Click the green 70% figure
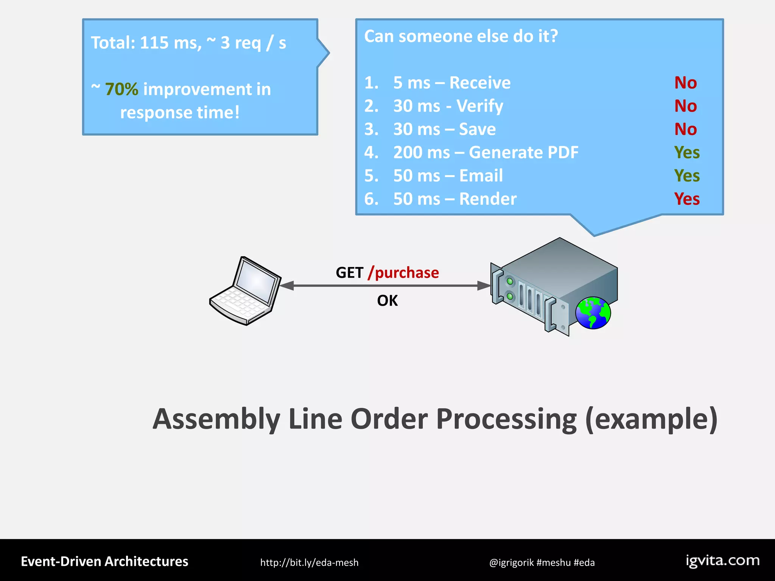(121, 90)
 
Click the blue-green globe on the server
(593, 313)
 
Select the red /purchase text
(403, 272)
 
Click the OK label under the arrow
(387, 301)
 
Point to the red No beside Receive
(685, 82)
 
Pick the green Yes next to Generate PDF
(687, 152)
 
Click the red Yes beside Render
(687, 199)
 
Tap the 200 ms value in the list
(421, 152)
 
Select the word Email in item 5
(481, 176)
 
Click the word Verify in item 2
(479, 106)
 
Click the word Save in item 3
(477, 129)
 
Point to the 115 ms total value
(170, 43)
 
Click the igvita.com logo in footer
(722, 561)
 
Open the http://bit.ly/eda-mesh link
(309, 562)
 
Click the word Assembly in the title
(216, 419)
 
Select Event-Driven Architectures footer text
(104, 561)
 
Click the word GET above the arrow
(349, 273)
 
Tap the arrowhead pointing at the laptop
(287, 286)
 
